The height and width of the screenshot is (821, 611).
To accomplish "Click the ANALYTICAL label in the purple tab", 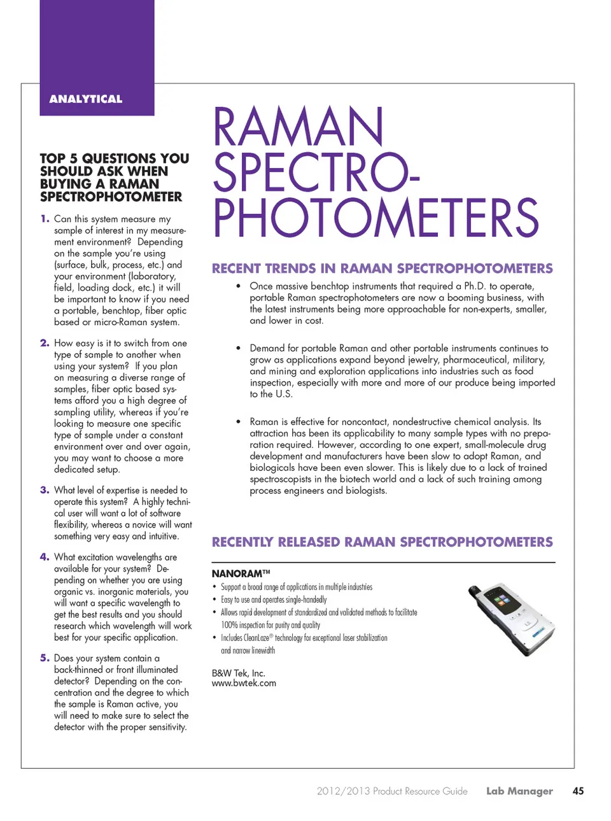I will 86,99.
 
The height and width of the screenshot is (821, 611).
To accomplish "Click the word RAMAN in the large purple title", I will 298,127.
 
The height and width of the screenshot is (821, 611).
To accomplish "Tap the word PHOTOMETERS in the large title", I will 376,218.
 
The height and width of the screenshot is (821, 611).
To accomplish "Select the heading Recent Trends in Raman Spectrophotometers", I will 382,269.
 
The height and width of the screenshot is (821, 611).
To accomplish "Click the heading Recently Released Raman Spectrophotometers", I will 382,542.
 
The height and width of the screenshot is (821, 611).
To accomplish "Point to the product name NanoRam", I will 237,573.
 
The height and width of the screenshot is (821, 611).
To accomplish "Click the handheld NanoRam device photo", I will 511,619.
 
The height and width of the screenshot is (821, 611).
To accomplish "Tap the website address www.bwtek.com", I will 244,684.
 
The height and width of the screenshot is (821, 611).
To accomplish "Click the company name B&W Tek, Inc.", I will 238,673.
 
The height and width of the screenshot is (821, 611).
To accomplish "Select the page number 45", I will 578,791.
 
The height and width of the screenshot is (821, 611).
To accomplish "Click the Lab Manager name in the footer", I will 519,791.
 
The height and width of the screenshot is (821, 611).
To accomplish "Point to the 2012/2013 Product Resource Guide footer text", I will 392,791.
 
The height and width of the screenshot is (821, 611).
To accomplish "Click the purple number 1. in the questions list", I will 45,219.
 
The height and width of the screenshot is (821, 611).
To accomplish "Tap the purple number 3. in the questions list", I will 45,490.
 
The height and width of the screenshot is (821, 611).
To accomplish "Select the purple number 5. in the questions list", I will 45,658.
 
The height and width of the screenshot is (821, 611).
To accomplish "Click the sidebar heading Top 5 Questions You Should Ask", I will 115,177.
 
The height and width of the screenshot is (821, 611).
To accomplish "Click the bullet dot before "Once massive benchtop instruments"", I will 238,286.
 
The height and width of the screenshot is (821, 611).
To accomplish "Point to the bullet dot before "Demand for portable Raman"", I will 238,349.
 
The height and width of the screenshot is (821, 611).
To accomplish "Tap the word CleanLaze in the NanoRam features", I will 256,638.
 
